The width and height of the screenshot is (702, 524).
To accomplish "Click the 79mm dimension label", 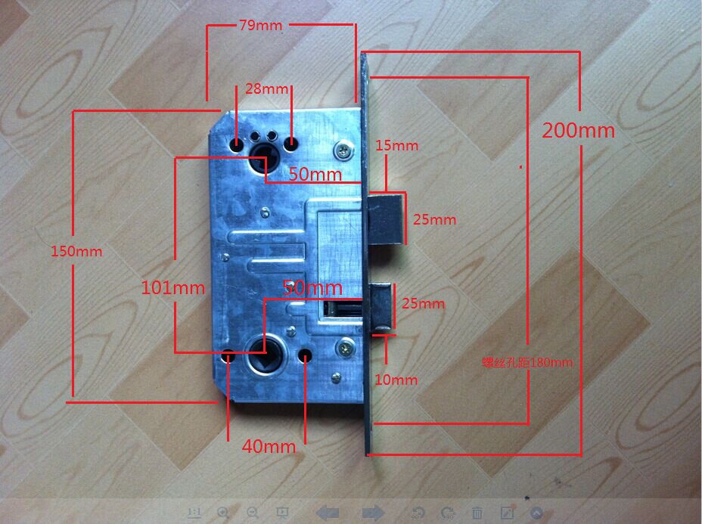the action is pyautogui.click(x=260, y=25).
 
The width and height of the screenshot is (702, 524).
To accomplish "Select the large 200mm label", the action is pyautogui.click(x=579, y=130).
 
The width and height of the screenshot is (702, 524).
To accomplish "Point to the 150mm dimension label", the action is pyautogui.click(x=76, y=250).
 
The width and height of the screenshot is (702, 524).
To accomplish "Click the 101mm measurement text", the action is pyautogui.click(x=173, y=287).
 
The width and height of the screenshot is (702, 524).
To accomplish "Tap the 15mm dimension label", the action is pyautogui.click(x=396, y=145).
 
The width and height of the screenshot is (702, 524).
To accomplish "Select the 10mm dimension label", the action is pyautogui.click(x=396, y=379).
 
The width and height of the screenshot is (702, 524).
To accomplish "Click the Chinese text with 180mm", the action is pyautogui.click(x=527, y=362).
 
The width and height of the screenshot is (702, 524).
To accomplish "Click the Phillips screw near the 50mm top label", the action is pyautogui.click(x=344, y=150).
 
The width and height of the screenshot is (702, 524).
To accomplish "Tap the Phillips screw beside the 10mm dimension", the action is pyautogui.click(x=345, y=349).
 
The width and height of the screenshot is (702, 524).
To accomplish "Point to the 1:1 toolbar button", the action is pyautogui.click(x=194, y=512).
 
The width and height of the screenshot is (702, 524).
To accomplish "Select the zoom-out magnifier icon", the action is pyautogui.click(x=253, y=512).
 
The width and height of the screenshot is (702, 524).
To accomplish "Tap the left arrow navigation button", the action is pyautogui.click(x=328, y=513).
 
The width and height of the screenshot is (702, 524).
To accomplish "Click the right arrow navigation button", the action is pyautogui.click(x=372, y=513).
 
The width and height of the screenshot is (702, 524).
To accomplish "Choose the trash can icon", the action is pyautogui.click(x=477, y=512).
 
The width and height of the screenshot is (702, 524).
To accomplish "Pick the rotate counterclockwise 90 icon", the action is pyautogui.click(x=418, y=512).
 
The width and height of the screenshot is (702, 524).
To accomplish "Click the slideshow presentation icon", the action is pyautogui.click(x=282, y=512).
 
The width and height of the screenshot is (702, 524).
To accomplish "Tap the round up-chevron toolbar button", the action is pyautogui.click(x=537, y=512).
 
